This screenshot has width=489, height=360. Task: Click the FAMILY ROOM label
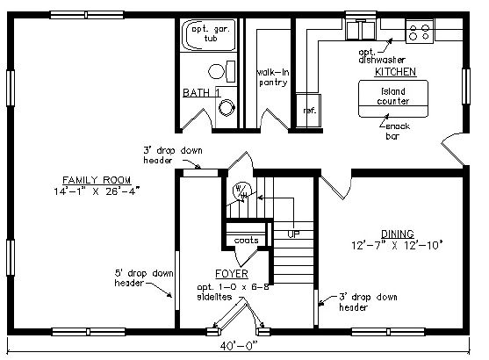click(97, 180)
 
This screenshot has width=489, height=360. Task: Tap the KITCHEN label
click(395, 72)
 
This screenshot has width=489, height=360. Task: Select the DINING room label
click(398, 234)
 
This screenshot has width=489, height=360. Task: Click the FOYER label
click(232, 274)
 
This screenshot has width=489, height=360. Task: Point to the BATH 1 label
click(201, 93)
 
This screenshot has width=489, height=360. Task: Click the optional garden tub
click(209, 35)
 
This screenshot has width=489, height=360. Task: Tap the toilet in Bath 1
click(221, 71)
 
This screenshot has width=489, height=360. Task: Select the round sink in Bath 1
click(227, 108)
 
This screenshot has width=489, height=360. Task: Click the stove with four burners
click(419, 32)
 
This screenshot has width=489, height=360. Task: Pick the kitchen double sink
click(361, 30)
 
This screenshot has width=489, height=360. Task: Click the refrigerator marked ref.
click(308, 111)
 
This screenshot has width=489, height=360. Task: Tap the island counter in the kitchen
click(393, 98)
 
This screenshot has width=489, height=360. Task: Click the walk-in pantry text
click(273, 77)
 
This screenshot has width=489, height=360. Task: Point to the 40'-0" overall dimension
click(239, 346)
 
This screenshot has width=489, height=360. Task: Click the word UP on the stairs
click(293, 234)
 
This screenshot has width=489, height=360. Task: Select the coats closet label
click(247, 241)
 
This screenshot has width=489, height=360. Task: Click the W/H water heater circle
click(242, 191)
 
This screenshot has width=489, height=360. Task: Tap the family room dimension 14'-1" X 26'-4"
click(97, 191)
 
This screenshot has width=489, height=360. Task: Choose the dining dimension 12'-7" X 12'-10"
click(398, 245)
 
